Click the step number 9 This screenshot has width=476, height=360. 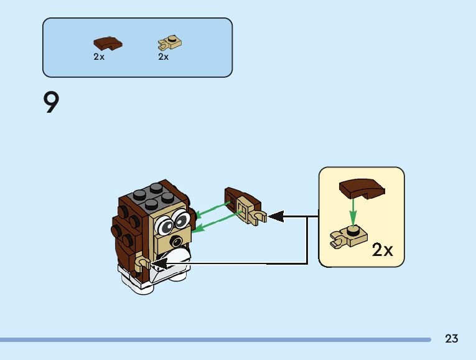[51, 103]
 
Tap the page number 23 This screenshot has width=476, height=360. [452, 339]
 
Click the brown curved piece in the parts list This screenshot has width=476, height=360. [108, 43]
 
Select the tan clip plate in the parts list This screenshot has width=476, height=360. [169, 43]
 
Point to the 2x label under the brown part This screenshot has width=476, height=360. [99, 57]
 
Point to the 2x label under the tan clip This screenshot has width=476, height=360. [164, 57]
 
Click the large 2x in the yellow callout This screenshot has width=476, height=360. [382, 250]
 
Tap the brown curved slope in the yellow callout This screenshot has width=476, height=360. [361, 187]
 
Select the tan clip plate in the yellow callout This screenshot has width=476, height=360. [347, 237]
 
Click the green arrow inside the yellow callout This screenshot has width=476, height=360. [353, 212]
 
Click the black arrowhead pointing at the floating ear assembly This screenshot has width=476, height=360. [275, 217]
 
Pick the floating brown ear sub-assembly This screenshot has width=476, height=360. [243, 204]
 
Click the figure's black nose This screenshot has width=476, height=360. [178, 242]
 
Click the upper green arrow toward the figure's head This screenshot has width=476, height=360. [212, 210]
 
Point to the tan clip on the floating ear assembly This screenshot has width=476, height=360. [256, 216]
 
